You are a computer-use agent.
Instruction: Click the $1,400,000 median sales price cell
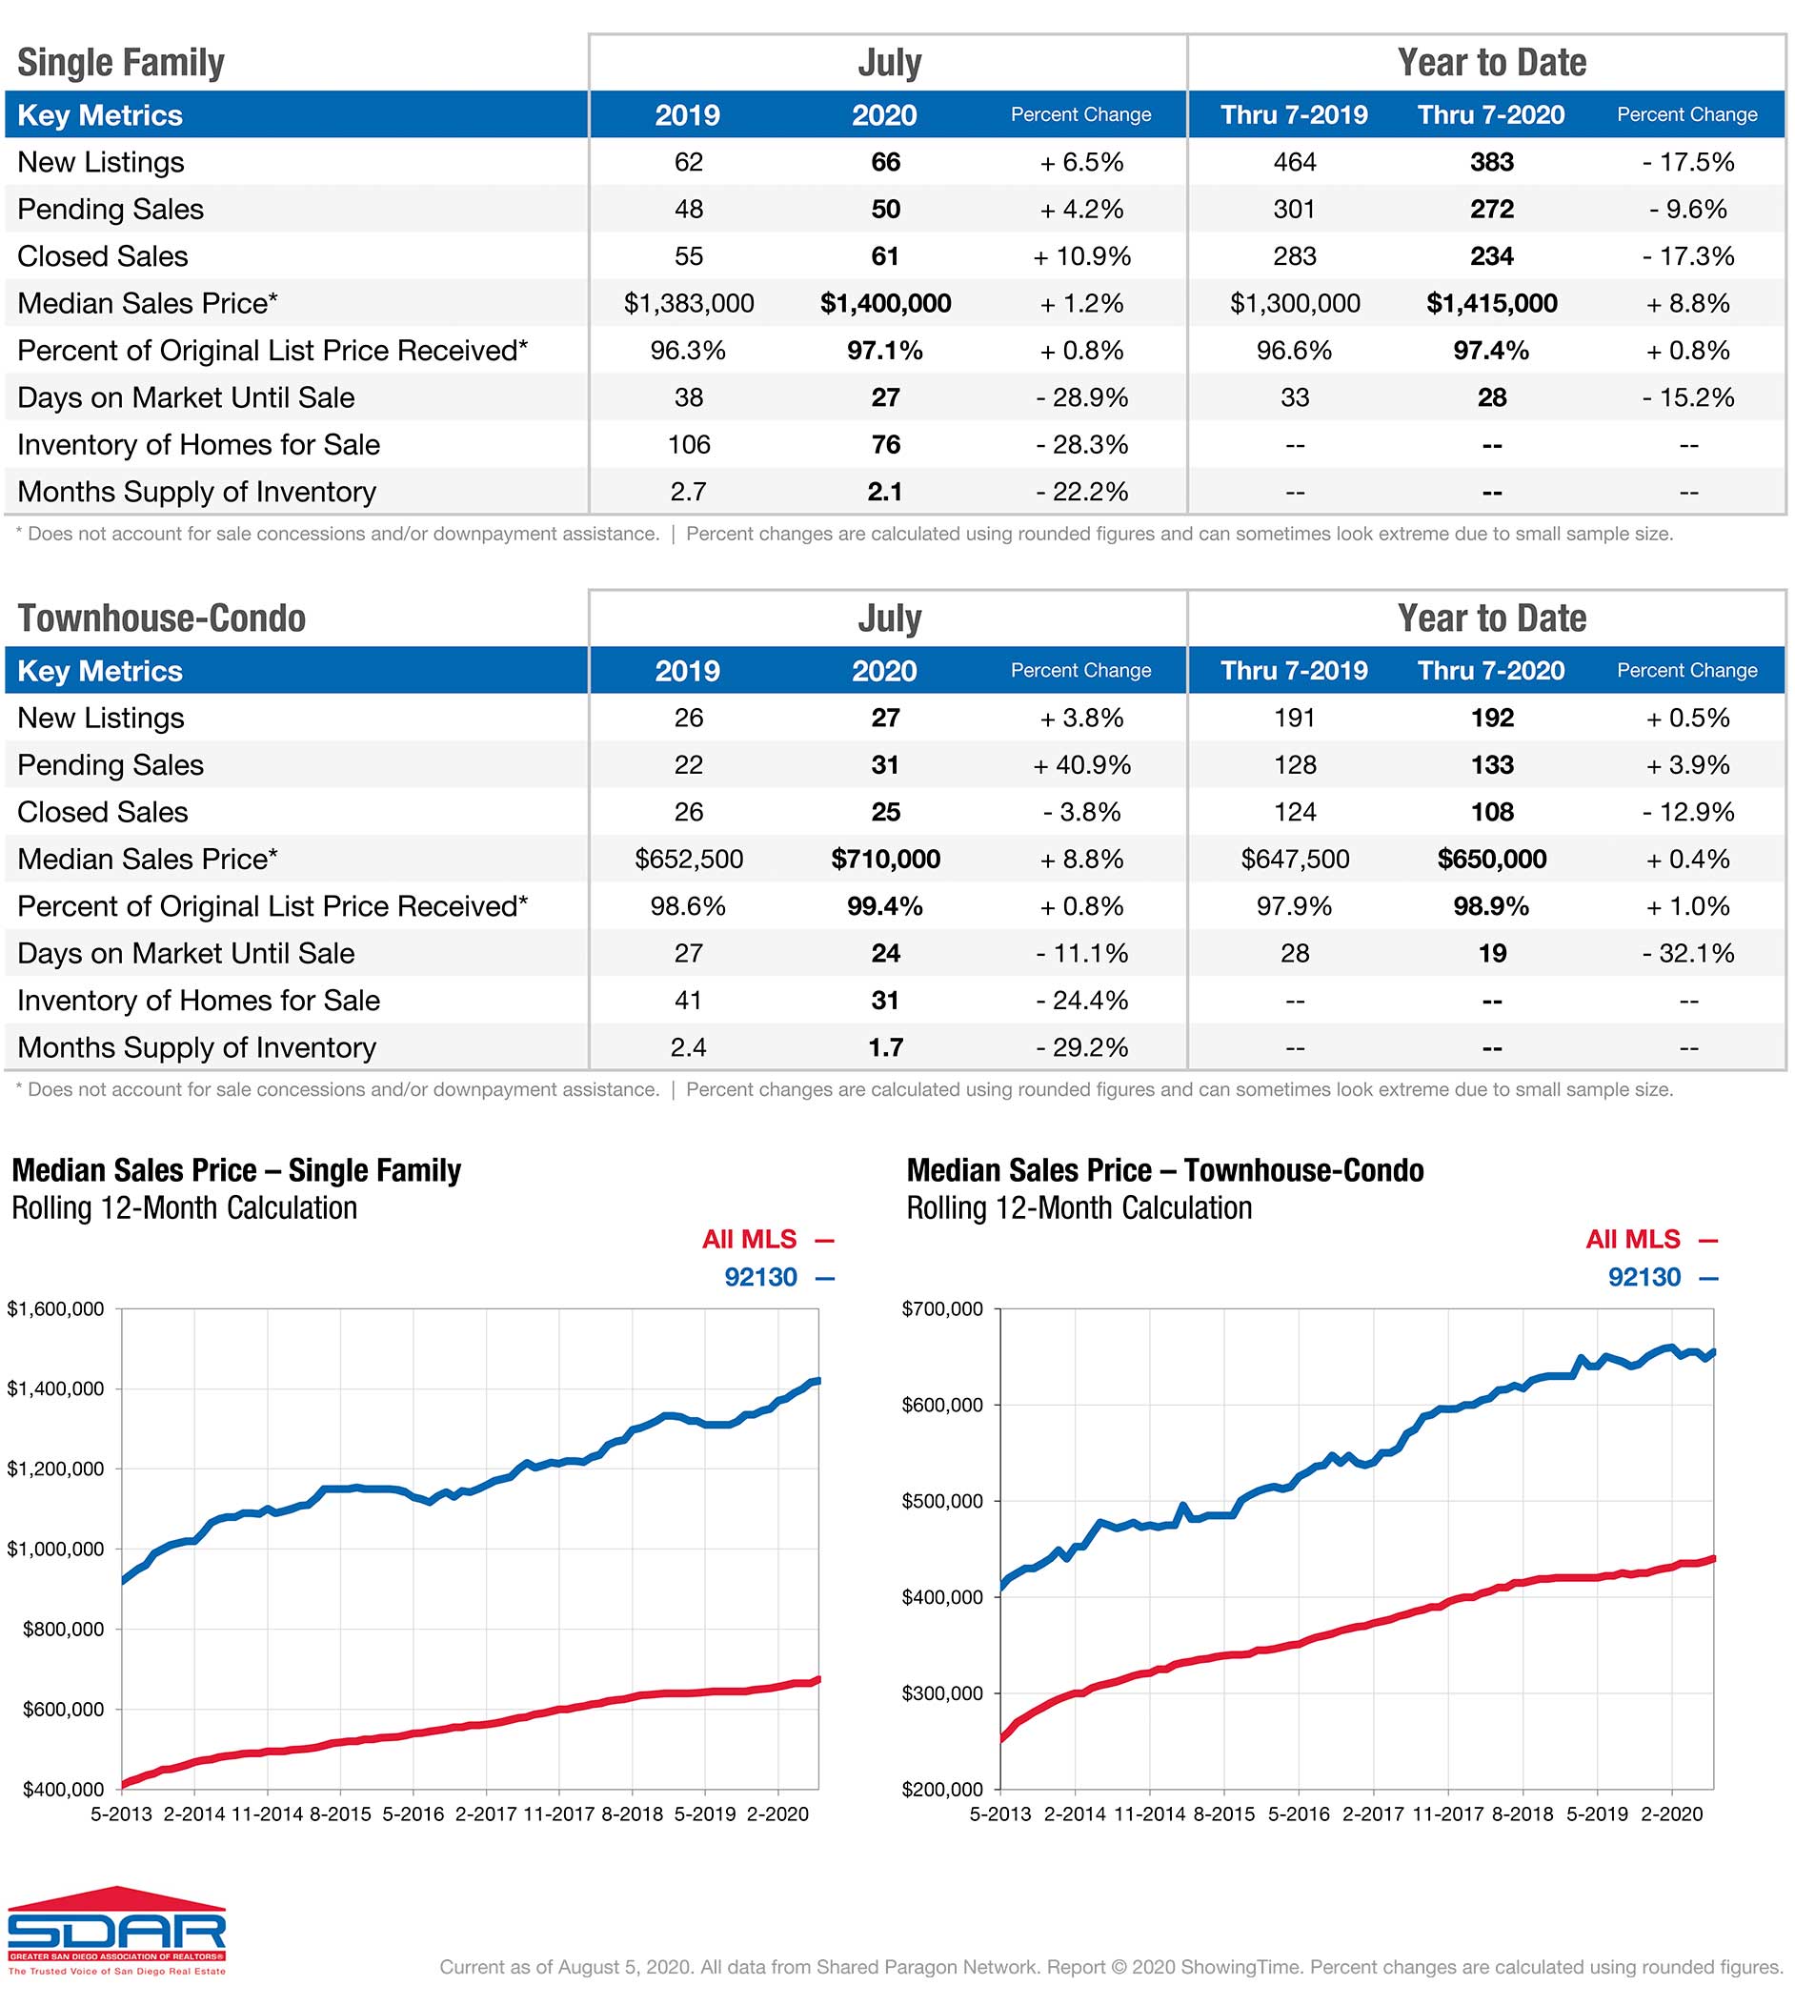885,303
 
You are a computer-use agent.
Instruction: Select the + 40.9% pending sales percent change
1081,764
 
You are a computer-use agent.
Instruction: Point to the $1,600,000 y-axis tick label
55,1308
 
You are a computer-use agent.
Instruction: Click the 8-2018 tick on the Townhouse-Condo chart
1522,1814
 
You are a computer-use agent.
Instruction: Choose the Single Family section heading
120,62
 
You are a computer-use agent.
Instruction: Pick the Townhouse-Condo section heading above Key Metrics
161,618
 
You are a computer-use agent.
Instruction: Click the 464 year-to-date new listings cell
1294,162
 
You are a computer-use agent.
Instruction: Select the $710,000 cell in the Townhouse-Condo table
885,859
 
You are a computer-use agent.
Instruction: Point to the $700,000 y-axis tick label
942,1308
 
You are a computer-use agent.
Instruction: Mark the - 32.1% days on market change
1687,953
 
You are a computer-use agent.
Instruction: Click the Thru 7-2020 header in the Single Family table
1490,114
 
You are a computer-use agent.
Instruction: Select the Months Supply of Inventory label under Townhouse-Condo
196,1047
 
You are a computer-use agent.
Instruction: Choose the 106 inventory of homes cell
689,445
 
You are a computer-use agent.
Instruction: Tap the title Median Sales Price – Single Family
235,1170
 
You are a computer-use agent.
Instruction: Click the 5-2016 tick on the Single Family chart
413,1814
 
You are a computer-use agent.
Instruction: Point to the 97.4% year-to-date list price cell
1490,350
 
